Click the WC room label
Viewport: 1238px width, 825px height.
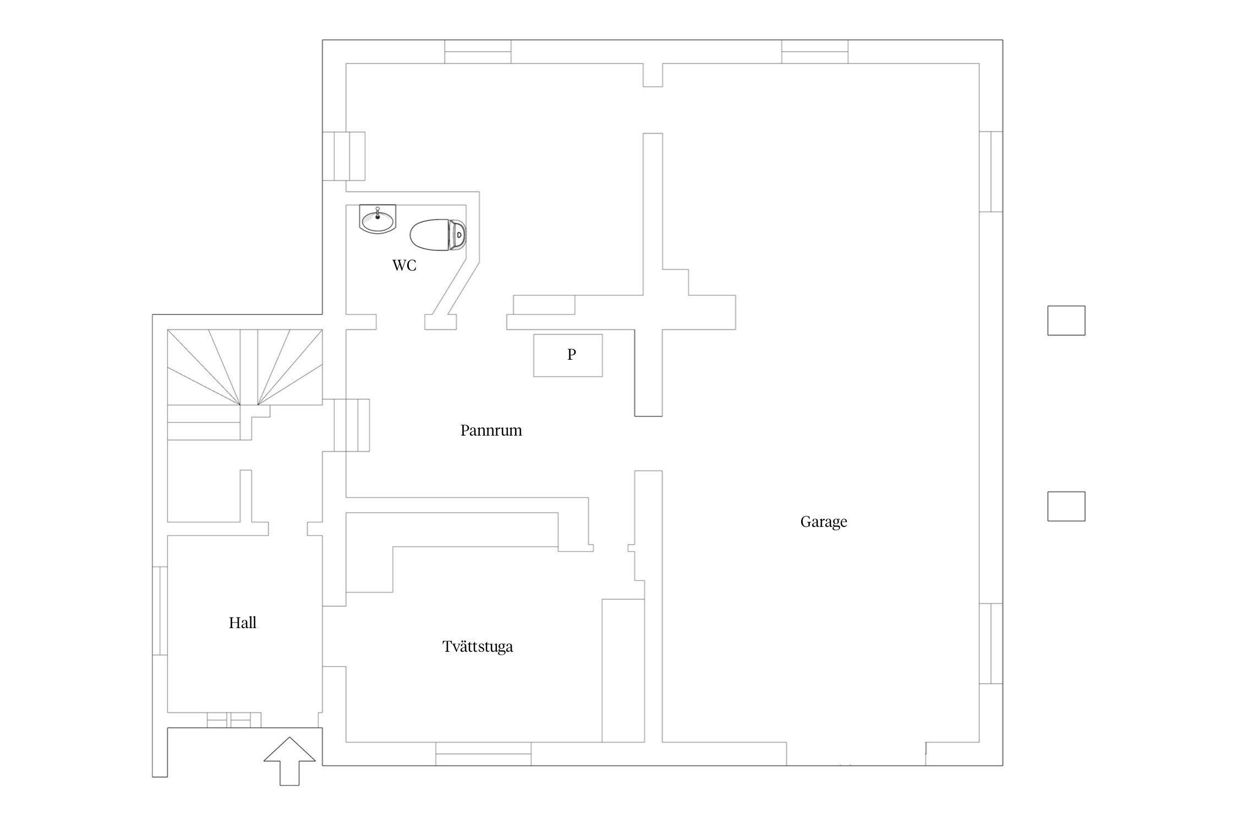point(404,266)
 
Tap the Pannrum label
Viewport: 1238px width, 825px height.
point(491,430)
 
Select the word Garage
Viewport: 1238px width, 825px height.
point(824,522)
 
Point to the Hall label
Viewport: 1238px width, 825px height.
point(243,623)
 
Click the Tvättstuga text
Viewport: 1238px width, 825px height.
point(478,646)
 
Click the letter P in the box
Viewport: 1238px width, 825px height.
point(572,355)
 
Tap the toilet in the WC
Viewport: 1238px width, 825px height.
point(438,235)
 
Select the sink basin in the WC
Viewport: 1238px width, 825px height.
point(377,219)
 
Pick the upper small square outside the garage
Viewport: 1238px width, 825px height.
point(1066,321)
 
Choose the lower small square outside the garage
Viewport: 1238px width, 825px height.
point(1066,506)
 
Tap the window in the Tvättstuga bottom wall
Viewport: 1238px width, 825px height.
point(484,754)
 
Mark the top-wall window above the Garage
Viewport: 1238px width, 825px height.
point(815,52)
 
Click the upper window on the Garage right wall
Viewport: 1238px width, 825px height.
point(991,172)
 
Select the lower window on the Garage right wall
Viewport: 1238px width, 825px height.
point(991,643)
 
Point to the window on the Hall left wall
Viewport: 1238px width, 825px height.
point(160,610)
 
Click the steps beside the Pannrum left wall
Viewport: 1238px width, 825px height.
point(352,425)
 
